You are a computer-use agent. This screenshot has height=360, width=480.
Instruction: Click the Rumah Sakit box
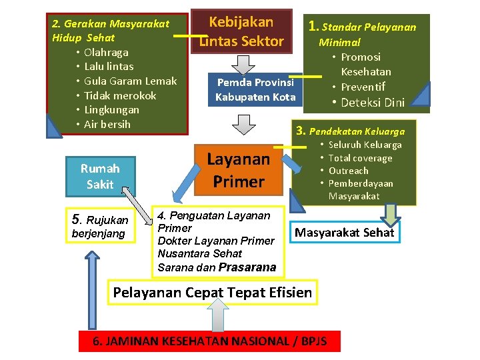100,177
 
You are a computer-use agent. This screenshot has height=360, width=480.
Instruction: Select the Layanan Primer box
239,170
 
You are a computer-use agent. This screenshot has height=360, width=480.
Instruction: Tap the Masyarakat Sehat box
344,233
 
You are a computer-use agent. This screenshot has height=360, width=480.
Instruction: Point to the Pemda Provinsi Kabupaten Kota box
255,89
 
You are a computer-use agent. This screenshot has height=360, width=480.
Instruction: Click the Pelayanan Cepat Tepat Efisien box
212,292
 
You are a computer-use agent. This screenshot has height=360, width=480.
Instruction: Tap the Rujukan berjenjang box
99,226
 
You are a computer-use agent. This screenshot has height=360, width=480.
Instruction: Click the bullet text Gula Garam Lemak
130,81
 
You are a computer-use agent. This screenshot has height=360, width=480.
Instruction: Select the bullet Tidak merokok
120,95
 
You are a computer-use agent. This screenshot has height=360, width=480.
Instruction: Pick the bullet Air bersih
107,125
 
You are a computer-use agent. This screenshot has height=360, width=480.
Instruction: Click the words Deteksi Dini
373,103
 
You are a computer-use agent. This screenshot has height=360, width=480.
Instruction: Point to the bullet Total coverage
360,158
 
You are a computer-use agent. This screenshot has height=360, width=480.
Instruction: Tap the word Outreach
348,171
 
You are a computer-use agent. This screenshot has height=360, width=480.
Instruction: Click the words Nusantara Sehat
200,253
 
